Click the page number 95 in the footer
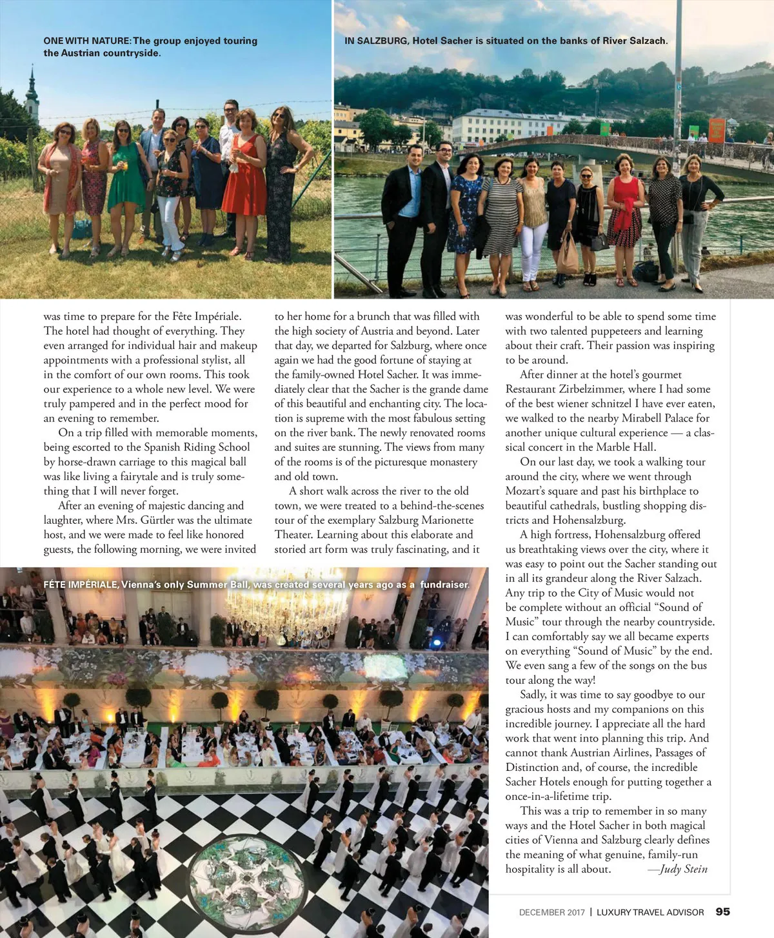(722, 912)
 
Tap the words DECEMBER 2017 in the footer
(551, 912)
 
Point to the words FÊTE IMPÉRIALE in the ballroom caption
(81, 584)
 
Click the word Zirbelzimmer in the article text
(591, 389)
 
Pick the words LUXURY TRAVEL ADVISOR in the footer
(650, 912)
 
